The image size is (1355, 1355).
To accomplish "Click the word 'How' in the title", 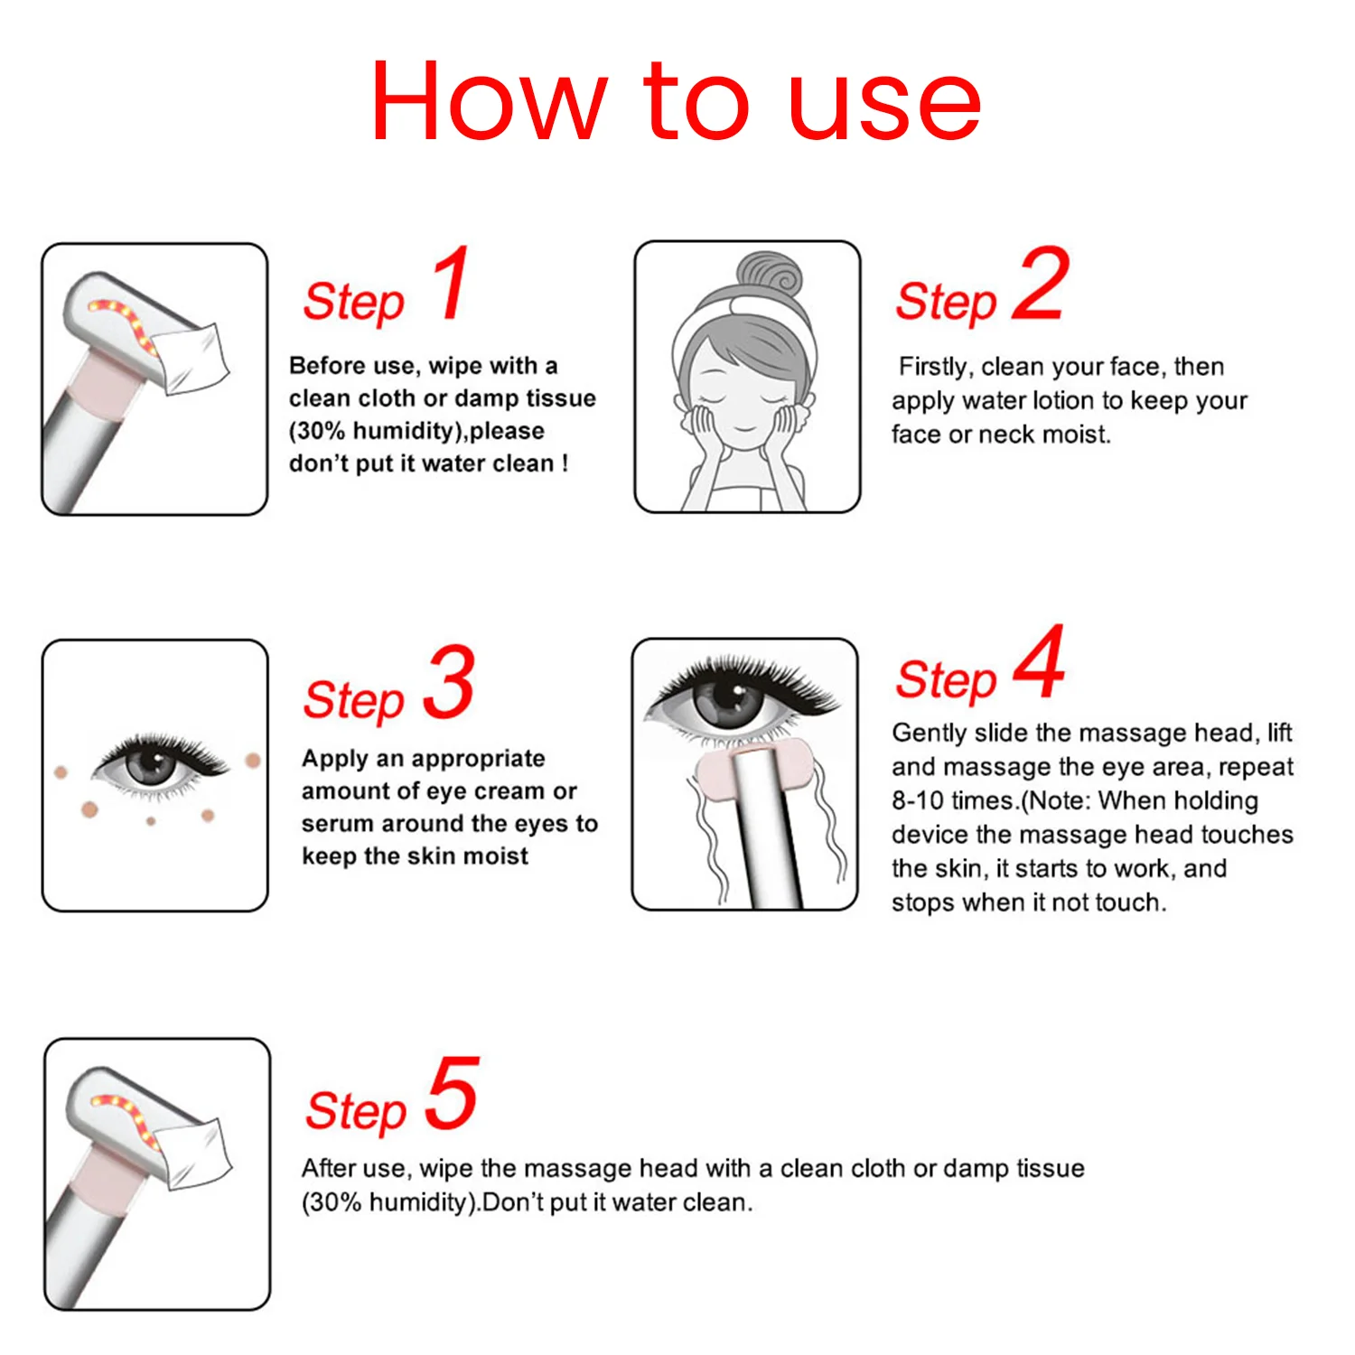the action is click(x=489, y=100).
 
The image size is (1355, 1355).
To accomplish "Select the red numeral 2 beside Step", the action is click(x=1041, y=283).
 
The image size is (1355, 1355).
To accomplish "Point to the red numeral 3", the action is click(x=448, y=681).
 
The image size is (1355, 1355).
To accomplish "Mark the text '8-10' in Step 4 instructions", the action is click(x=918, y=800).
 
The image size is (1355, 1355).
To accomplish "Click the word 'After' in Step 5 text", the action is click(x=328, y=1168).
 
